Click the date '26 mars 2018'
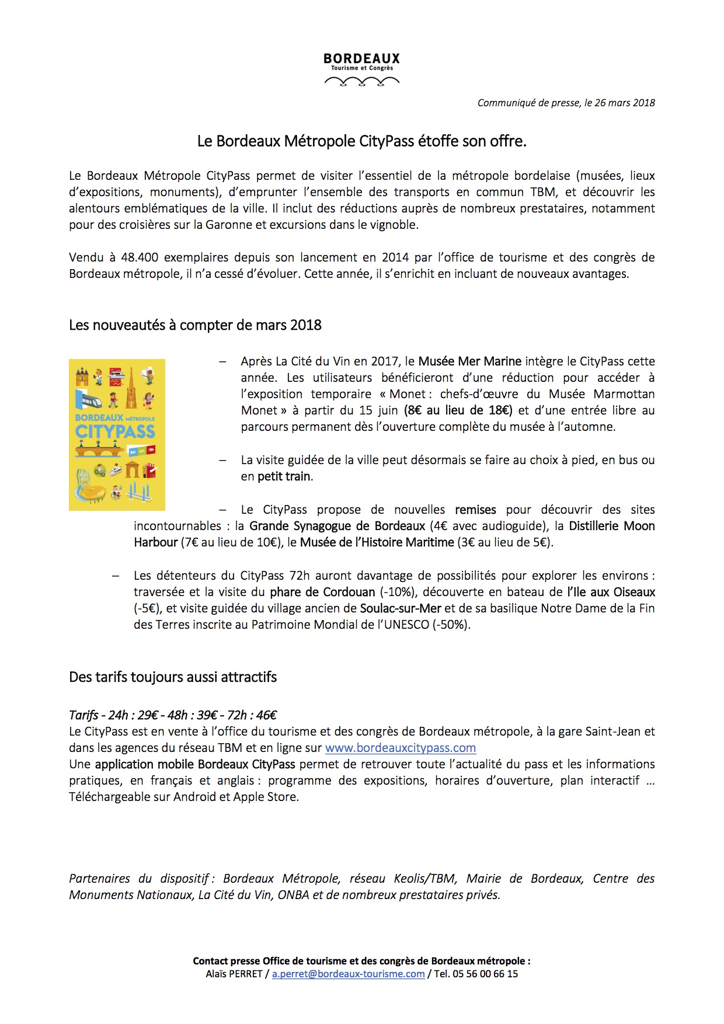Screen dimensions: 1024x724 point(625,103)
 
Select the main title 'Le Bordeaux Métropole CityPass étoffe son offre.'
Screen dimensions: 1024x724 point(362,141)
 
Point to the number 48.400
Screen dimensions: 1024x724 point(140,257)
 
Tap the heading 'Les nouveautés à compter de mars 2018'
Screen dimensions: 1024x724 point(195,325)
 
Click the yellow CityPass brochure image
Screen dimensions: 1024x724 point(117,435)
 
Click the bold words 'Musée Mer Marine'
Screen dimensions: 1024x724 point(469,361)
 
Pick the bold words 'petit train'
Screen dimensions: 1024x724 point(284,476)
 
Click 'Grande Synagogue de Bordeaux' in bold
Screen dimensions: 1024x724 point(337,526)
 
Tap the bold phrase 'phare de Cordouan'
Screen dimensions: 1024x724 point(322,592)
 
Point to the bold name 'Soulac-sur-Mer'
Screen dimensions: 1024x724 point(400,608)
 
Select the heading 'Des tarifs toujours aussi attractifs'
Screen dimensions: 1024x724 point(173,677)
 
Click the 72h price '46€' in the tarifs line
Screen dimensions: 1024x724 point(266,715)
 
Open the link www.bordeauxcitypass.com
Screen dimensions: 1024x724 point(400,748)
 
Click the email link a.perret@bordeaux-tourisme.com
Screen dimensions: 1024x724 point(348,974)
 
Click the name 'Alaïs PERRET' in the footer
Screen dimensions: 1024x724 point(234,974)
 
